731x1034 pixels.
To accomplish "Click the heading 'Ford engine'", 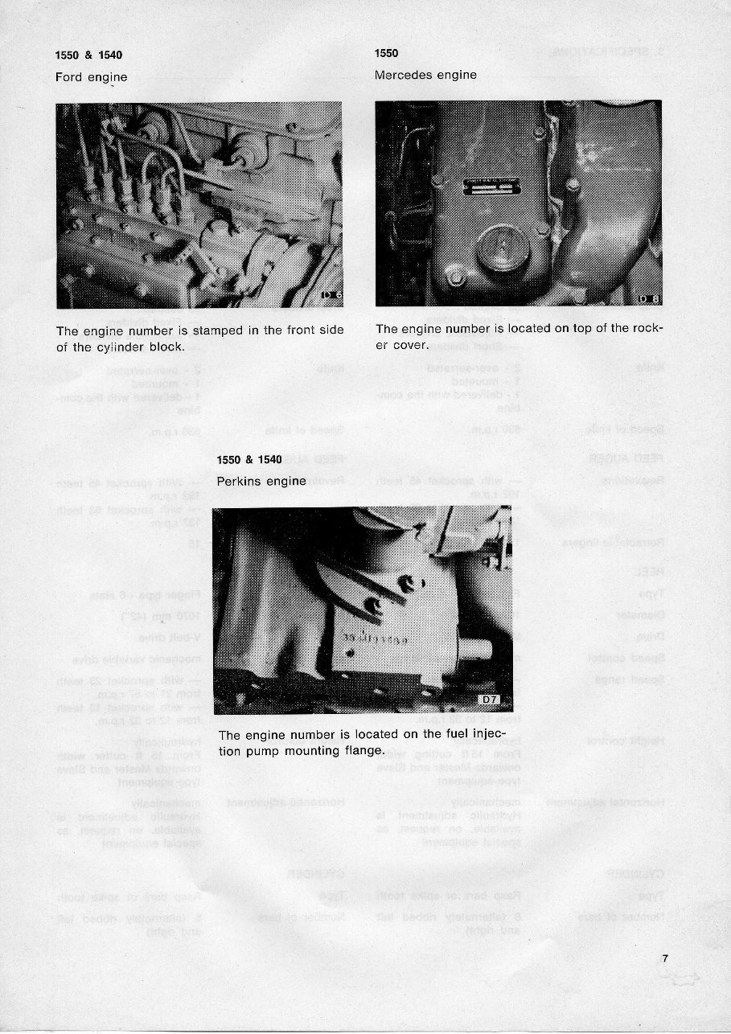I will pyautogui.click(x=91, y=78).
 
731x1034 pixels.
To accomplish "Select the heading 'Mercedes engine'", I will pyautogui.click(x=425, y=75).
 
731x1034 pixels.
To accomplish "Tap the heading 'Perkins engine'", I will pyautogui.click(x=261, y=481).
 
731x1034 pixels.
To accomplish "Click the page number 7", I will pyautogui.click(x=665, y=958).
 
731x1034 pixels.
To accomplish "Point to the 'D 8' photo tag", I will pyautogui.click(x=649, y=299).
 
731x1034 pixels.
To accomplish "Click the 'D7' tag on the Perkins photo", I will pyautogui.click(x=491, y=700).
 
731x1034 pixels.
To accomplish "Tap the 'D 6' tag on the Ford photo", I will pyautogui.click(x=331, y=295).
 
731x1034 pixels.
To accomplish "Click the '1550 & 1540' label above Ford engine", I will pyautogui.click(x=88, y=55).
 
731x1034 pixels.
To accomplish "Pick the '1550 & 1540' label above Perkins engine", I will pyautogui.click(x=250, y=460).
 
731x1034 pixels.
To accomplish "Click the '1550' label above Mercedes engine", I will pyautogui.click(x=387, y=53).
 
